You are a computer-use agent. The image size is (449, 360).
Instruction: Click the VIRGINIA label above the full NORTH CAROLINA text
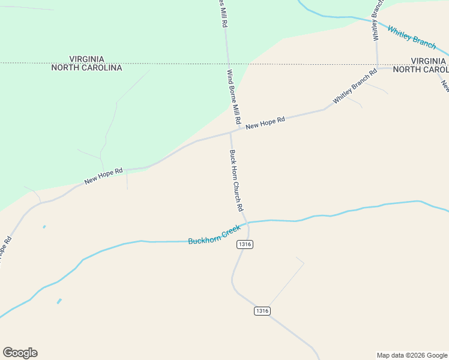[x=86, y=59]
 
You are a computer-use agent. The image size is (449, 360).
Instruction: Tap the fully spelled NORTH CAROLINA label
[x=86, y=68]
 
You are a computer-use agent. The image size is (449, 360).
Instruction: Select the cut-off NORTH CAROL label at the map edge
[x=420, y=70]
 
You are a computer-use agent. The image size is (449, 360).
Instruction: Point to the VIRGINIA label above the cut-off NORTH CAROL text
[x=429, y=61]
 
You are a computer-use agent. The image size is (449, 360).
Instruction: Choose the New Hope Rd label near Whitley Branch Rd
[x=265, y=122]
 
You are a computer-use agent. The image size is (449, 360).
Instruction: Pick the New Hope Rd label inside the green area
[x=103, y=176]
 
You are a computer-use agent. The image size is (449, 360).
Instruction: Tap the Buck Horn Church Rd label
[x=236, y=180]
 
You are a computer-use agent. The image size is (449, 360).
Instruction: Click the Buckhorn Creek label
[x=214, y=235]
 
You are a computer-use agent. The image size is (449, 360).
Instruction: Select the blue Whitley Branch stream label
[x=412, y=37]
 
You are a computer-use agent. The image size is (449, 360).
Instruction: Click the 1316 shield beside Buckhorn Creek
[x=244, y=244]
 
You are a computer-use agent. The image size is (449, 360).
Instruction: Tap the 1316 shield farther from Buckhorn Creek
[x=262, y=311]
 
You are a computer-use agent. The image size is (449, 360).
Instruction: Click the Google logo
[x=20, y=353]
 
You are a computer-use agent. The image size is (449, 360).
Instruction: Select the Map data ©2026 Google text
[x=412, y=355]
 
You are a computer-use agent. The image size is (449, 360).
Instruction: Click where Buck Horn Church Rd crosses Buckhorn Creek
[x=246, y=223]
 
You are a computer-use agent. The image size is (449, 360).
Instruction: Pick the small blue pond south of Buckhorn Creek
[x=59, y=301]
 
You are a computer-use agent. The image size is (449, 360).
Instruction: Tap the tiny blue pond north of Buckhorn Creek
[x=44, y=227]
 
